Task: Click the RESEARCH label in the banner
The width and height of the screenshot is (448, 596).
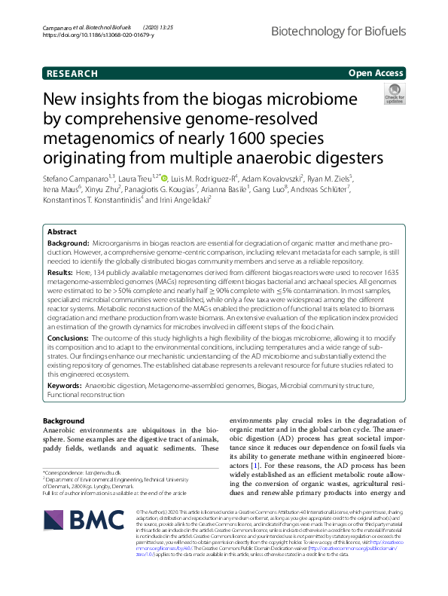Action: [x=72, y=73]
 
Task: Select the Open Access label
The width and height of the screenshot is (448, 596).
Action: [x=376, y=73]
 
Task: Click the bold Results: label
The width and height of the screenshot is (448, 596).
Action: [x=61, y=271]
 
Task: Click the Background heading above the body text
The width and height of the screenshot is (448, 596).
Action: [x=64, y=420]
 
